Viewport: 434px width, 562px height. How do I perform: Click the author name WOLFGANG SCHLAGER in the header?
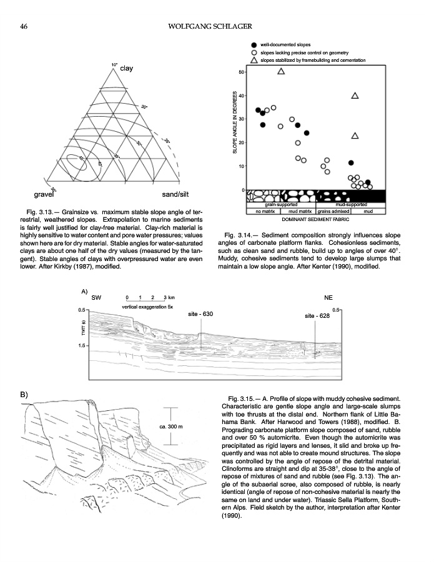coord(216,26)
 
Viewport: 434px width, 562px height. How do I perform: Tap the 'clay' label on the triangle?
coord(127,69)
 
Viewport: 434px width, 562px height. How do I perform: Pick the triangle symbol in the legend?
coord(254,60)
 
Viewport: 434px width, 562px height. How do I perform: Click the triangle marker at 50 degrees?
coord(281,71)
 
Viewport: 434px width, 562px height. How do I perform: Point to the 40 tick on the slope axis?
coord(242,95)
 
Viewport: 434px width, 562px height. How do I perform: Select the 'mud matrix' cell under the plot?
coord(300,212)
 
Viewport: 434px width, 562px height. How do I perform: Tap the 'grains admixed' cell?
coord(333,212)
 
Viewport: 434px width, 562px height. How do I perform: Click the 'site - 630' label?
coord(200,314)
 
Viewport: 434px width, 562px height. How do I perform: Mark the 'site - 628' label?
coord(317,317)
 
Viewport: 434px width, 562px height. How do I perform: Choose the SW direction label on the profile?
coord(96,298)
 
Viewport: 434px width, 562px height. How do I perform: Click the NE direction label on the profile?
coord(329,298)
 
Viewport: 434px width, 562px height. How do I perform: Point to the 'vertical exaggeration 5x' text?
coord(147,307)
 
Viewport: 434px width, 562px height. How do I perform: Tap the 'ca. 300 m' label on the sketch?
coord(170,426)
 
